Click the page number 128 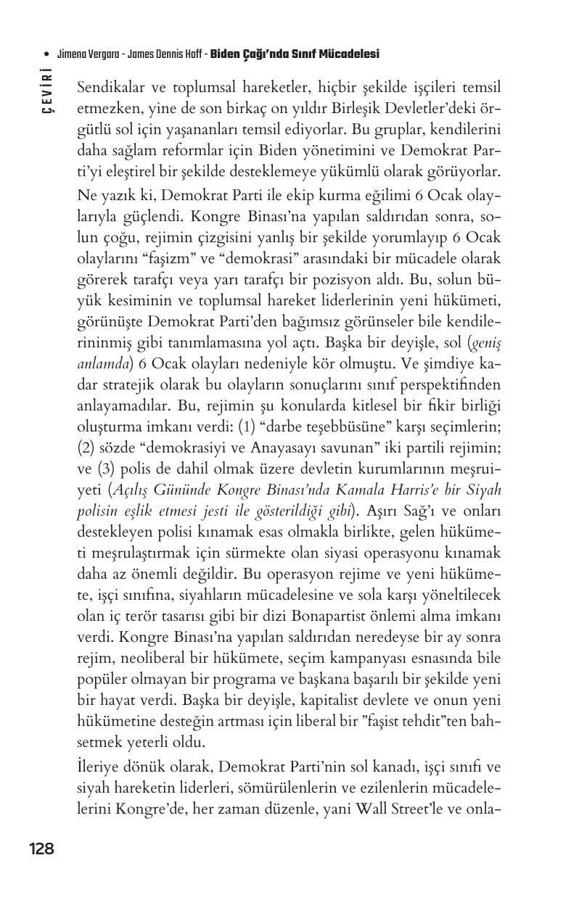coord(41,849)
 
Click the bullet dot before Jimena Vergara coord(47,54)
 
